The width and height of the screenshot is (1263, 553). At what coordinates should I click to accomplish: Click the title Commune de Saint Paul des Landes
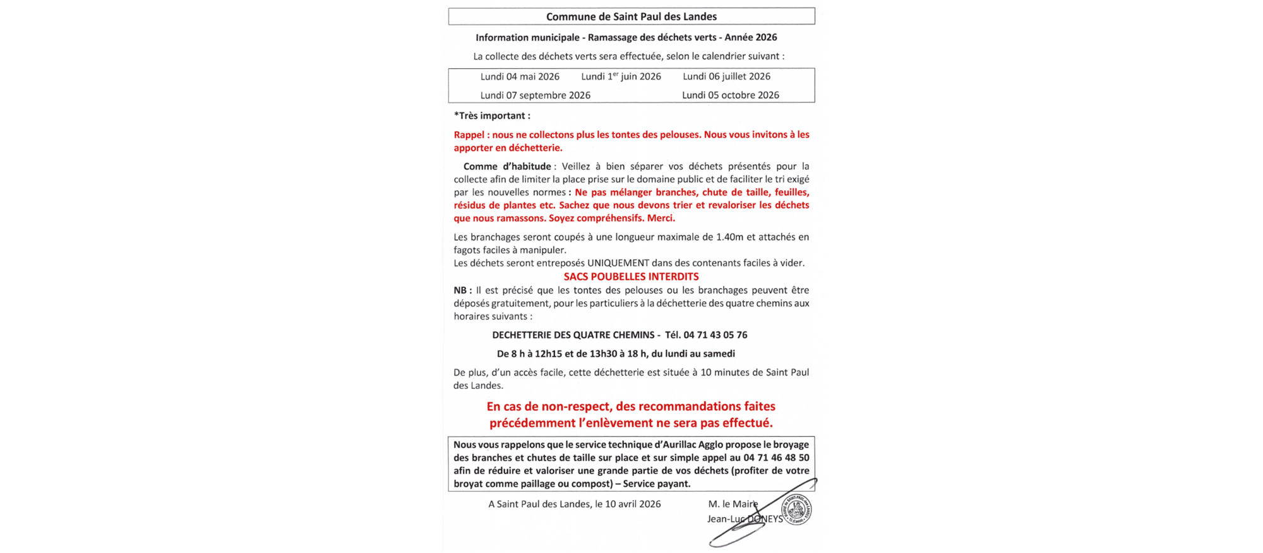pyautogui.click(x=631, y=16)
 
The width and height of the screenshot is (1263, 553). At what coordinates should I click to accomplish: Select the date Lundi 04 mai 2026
pyautogui.click(x=520, y=76)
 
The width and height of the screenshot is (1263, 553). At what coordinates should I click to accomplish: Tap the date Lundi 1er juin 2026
pyautogui.click(x=621, y=76)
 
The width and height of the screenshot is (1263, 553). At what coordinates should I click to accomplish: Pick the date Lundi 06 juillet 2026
pyautogui.click(x=726, y=76)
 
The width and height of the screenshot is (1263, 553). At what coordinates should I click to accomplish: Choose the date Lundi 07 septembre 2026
pyautogui.click(x=535, y=95)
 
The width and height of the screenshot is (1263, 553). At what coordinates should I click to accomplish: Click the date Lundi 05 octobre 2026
pyautogui.click(x=730, y=95)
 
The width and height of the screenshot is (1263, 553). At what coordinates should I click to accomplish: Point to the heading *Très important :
pyautogui.click(x=492, y=116)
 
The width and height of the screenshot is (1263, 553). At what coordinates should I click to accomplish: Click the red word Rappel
pyautogui.click(x=469, y=134)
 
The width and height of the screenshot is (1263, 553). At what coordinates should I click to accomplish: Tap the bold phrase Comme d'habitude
pyautogui.click(x=507, y=167)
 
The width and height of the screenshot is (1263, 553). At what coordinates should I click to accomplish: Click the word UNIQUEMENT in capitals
pyautogui.click(x=618, y=263)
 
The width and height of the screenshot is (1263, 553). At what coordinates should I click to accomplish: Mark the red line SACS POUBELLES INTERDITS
pyautogui.click(x=631, y=276)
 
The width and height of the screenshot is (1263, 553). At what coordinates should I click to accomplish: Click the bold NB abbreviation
pyautogui.click(x=462, y=290)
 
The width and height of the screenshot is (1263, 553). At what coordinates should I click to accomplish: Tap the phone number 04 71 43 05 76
pyautogui.click(x=715, y=335)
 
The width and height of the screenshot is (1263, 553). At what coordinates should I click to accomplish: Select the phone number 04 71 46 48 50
pyautogui.click(x=776, y=458)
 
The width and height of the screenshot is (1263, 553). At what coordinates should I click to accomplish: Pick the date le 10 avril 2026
pyautogui.click(x=628, y=504)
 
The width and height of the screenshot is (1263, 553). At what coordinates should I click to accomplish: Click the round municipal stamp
pyautogui.click(x=797, y=509)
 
